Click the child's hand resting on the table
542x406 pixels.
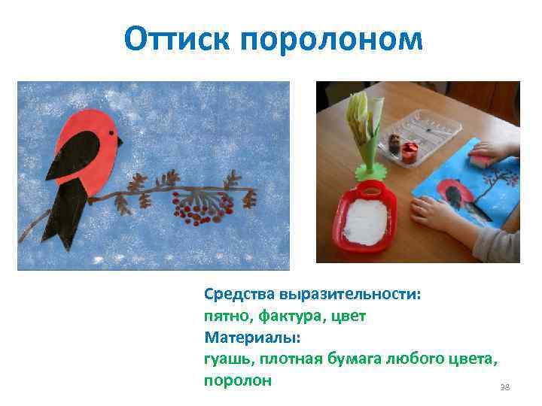click(440, 214)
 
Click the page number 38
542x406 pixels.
click(504, 387)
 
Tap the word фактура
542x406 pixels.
click(285, 315)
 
